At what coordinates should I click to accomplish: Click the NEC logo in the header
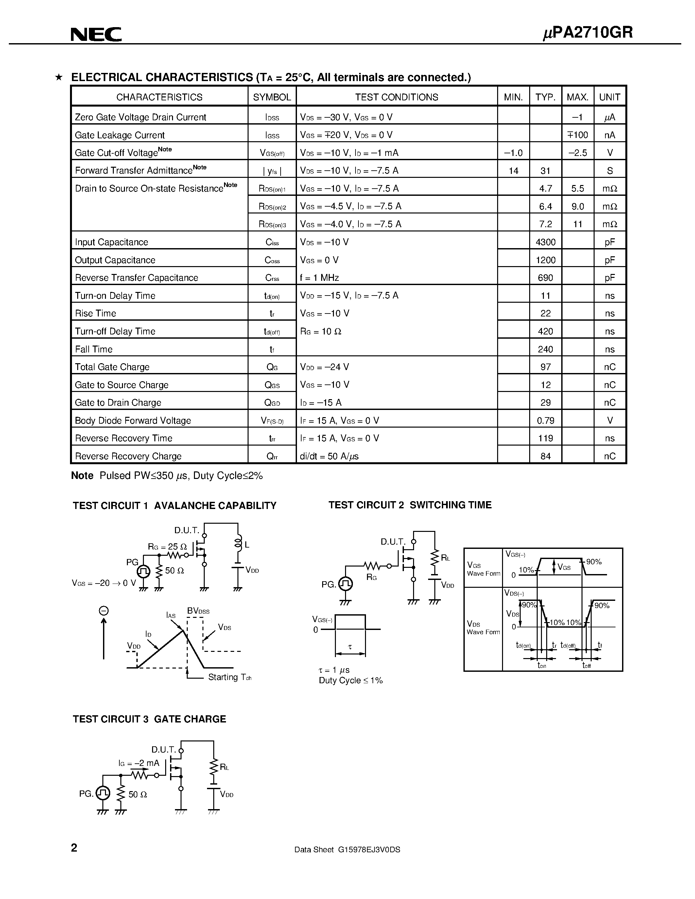[x=96, y=35]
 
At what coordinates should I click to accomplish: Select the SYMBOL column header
[x=272, y=97]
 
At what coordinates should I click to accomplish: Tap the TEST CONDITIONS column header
[x=396, y=97]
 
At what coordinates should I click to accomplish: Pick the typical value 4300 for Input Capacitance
[x=546, y=242]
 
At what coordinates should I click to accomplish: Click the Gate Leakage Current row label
[x=119, y=135]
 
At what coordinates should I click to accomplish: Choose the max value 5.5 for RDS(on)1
[x=578, y=189]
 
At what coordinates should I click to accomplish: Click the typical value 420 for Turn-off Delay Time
[x=546, y=331]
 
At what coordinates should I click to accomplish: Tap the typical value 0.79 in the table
[x=546, y=421]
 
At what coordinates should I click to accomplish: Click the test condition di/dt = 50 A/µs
[x=329, y=456]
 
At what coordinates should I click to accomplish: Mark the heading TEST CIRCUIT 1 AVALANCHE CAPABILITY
[x=174, y=505]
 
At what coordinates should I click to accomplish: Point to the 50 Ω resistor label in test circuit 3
[x=137, y=794]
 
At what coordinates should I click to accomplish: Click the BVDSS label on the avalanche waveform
[x=198, y=611]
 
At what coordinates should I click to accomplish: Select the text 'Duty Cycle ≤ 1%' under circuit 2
[x=351, y=680]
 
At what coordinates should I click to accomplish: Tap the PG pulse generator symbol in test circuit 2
[x=345, y=584]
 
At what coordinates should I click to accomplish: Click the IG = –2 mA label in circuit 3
[x=139, y=763]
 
